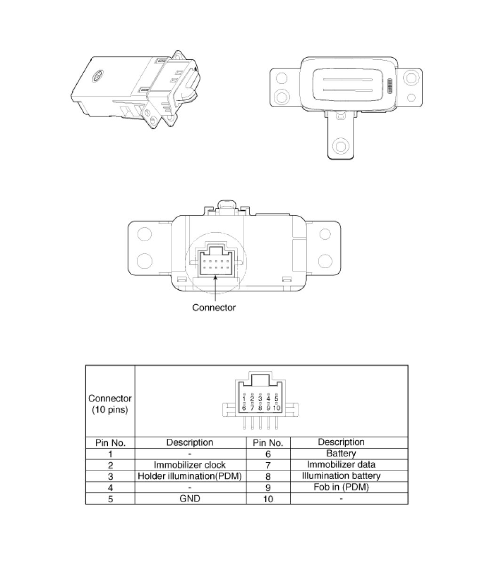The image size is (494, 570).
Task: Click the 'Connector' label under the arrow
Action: [x=214, y=308]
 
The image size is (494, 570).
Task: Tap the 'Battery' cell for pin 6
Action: [x=341, y=453]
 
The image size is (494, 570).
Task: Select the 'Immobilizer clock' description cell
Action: [x=190, y=465]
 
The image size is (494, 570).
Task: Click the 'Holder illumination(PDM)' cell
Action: [x=190, y=476]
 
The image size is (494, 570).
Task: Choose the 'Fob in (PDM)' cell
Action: [x=341, y=487]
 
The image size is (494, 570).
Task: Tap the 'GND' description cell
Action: [x=190, y=499]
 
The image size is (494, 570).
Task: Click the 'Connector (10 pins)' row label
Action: [x=110, y=404]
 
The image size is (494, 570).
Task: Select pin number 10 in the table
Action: [x=268, y=499]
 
